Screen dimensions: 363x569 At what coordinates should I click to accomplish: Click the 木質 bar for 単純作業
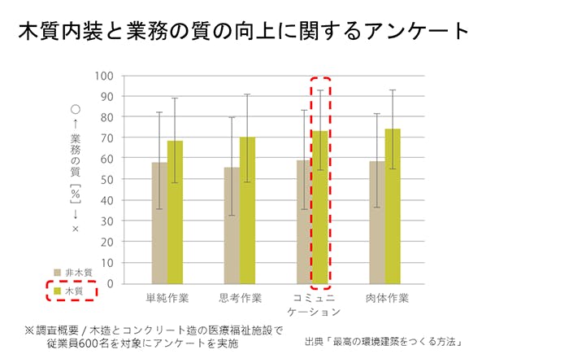pos(175,212)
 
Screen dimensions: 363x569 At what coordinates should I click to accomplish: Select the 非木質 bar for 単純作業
pos(159,223)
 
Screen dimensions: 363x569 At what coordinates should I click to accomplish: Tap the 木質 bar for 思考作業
pos(247,211)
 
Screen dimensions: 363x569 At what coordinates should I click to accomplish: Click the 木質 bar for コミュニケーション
pos(319,208)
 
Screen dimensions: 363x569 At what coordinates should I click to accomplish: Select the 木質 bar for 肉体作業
pos(392,207)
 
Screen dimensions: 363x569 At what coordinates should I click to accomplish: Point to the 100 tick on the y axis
pos(103,76)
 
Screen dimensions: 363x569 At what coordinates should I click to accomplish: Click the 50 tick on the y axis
pos(106,180)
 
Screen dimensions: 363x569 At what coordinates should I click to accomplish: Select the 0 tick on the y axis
pos(108,284)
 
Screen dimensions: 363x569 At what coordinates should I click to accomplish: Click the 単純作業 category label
pos(167,297)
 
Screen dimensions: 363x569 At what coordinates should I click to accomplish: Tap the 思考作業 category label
pos(240,297)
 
